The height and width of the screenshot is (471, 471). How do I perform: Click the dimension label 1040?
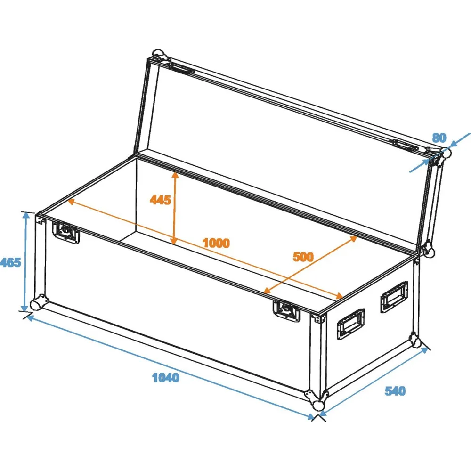pyautogui.click(x=166, y=378)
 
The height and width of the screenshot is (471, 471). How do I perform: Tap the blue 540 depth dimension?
pyautogui.click(x=395, y=391)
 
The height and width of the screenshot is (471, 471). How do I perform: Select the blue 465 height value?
pyautogui.click(x=10, y=262)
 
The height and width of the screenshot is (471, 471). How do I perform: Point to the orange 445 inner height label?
pyautogui.click(x=160, y=200)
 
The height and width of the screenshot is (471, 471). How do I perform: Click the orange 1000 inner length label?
pyautogui.click(x=216, y=243)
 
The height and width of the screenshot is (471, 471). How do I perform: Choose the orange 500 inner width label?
pyautogui.click(x=303, y=257)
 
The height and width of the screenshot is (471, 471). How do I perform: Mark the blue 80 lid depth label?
pyautogui.click(x=439, y=138)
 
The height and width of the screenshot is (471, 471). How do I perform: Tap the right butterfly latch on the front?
pyautogui.click(x=287, y=310)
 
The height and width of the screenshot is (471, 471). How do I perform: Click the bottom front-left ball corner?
pyautogui.click(x=39, y=303)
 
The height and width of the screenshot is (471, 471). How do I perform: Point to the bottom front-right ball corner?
pyautogui.click(x=317, y=399)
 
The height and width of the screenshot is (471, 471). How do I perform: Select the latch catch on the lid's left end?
pyautogui.click(x=181, y=68)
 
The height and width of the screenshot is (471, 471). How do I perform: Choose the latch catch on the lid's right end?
pyautogui.click(x=405, y=145)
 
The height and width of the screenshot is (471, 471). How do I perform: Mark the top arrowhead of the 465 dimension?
pyautogui.click(x=26, y=215)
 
